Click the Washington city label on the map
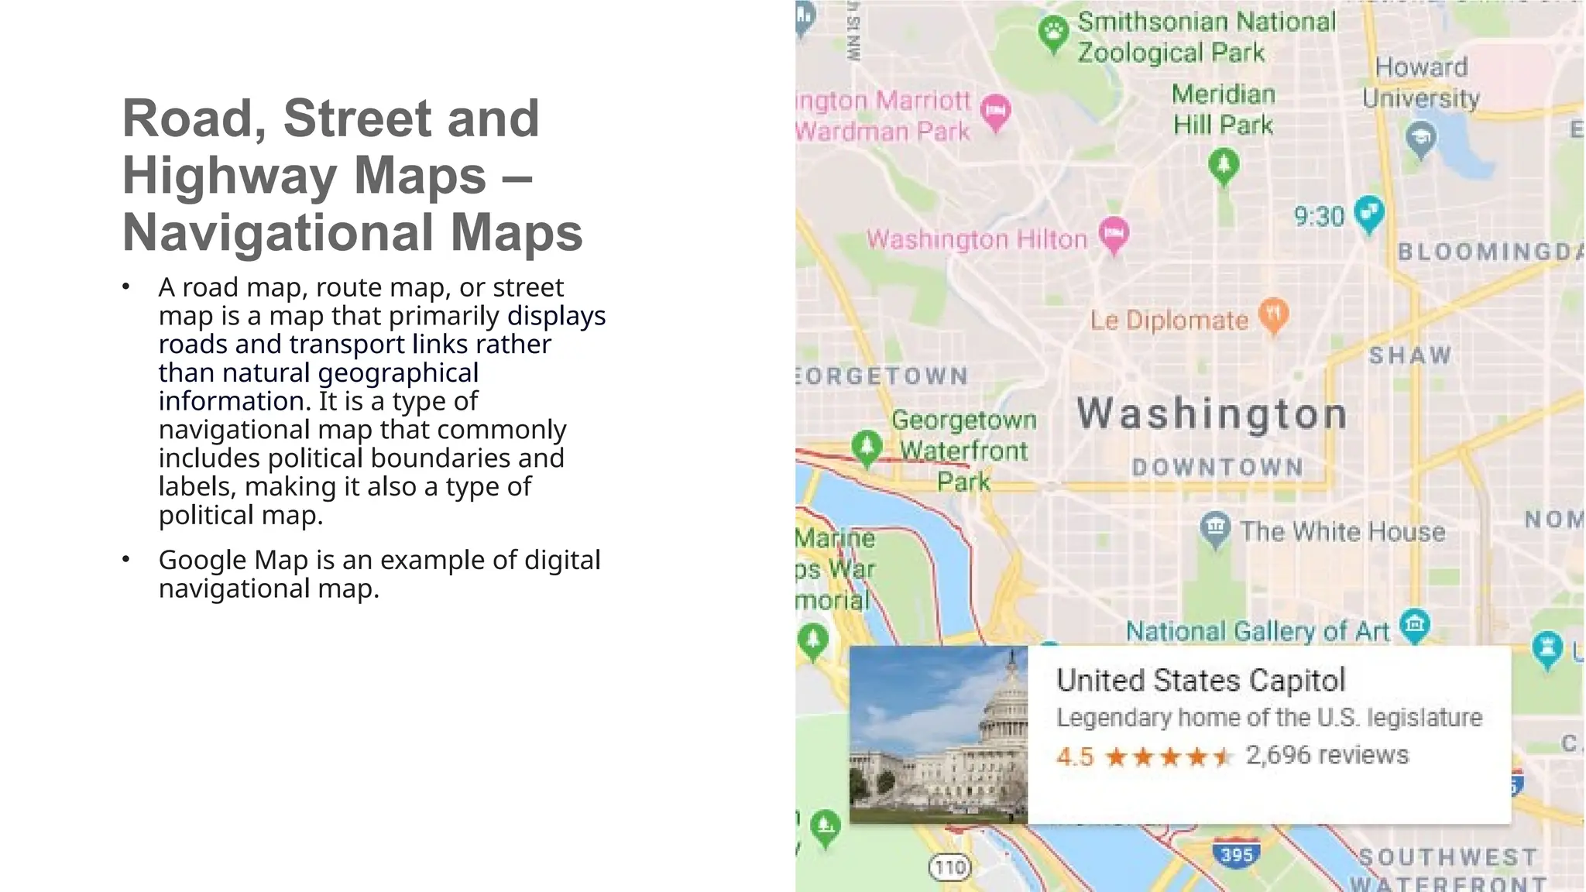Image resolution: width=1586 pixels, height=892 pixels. click(x=1212, y=414)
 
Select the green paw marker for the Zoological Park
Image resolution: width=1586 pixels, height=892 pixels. click(x=1053, y=33)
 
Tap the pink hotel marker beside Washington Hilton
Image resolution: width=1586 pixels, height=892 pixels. click(x=1114, y=233)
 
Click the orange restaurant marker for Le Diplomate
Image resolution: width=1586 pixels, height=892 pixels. click(x=1274, y=314)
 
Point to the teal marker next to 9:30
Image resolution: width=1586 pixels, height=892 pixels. click(x=1369, y=212)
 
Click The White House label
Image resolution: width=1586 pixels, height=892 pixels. click(x=1342, y=532)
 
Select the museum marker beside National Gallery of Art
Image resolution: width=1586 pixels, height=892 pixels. click(x=1415, y=624)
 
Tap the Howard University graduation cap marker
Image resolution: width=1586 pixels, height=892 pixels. click(x=1421, y=139)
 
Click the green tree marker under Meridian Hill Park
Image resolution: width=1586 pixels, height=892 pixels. click(x=1224, y=165)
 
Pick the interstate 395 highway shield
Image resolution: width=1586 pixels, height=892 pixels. click(x=1236, y=854)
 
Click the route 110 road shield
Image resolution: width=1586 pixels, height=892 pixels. click(x=949, y=867)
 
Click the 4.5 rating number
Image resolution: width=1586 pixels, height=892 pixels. click(x=1075, y=756)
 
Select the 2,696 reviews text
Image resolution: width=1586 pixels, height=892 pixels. click(x=1327, y=755)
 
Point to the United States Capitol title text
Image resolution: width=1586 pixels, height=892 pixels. click(x=1201, y=681)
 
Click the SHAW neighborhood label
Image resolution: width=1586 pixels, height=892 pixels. click(x=1410, y=355)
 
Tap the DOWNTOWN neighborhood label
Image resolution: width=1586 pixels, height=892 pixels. click(x=1217, y=467)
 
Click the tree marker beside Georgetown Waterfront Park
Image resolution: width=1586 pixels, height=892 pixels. click(x=867, y=447)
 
